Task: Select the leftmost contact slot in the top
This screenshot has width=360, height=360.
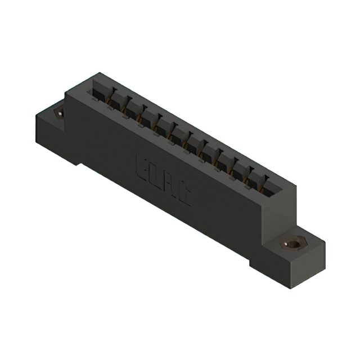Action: coord(100,89)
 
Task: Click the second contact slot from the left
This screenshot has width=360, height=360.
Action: coord(116,99)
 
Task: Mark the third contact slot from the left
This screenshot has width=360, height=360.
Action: coord(132,107)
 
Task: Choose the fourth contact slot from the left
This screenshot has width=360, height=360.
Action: coord(147,116)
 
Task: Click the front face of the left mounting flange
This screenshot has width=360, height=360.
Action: coord(51,138)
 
